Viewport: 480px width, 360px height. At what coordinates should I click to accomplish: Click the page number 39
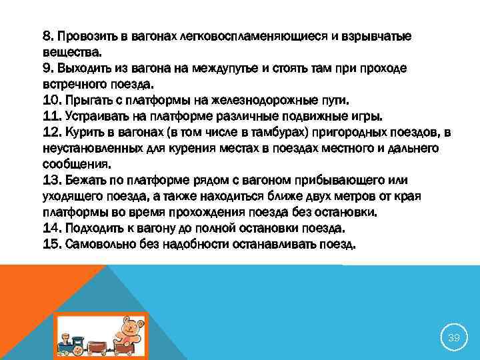point(453,338)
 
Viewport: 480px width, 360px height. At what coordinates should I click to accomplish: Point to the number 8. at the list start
point(49,35)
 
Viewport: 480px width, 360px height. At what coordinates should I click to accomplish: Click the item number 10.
point(51,101)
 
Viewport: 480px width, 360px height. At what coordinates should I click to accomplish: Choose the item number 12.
point(51,133)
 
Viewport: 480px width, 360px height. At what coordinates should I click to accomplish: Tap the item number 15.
point(51,244)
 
